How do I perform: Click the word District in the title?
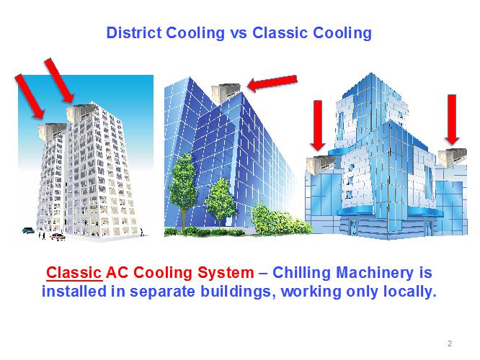(x=134, y=32)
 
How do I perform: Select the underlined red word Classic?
(x=74, y=272)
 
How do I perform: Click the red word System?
(x=226, y=273)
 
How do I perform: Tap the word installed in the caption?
(x=74, y=291)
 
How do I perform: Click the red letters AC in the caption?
(x=117, y=272)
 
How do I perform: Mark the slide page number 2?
(x=450, y=343)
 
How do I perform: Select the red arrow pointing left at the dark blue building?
(x=272, y=83)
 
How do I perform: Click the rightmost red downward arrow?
(x=452, y=120)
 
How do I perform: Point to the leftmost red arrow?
(x=30, y=96)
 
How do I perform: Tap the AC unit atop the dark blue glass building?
(x=226, y=91)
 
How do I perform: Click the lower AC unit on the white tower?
(x=52, y=132)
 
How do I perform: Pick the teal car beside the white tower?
(x=29, y=230)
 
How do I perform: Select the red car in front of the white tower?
(x=58, y=236)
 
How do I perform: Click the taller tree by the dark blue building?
(x=183, y=184)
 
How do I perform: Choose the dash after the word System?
(x=263, y=273)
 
